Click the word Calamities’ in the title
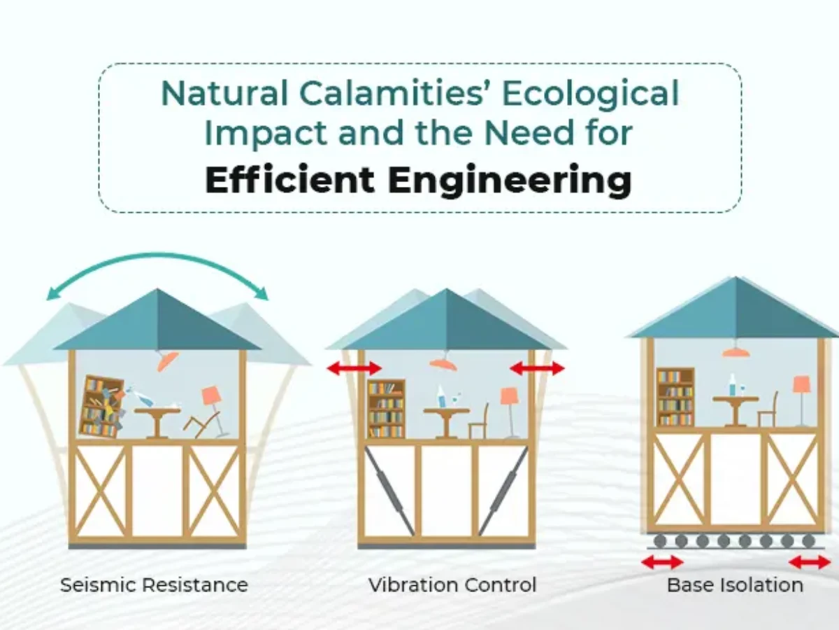coord(392,93)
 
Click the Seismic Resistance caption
coord(154,585)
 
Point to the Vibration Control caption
coord(452,585)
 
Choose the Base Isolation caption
coord(735,585)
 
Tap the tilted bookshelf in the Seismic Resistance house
coord(101,407)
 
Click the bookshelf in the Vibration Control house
coord(386,409)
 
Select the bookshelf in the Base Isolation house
coord(675,397)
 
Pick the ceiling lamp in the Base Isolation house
coord(736,349)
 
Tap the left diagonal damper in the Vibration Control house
coord(390,491)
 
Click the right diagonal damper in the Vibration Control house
coord(503,491)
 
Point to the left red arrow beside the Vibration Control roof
coord(354,368)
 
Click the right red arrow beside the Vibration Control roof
coord(537,368)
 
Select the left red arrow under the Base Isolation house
coord(662,562)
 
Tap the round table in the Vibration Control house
coord(447,423)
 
